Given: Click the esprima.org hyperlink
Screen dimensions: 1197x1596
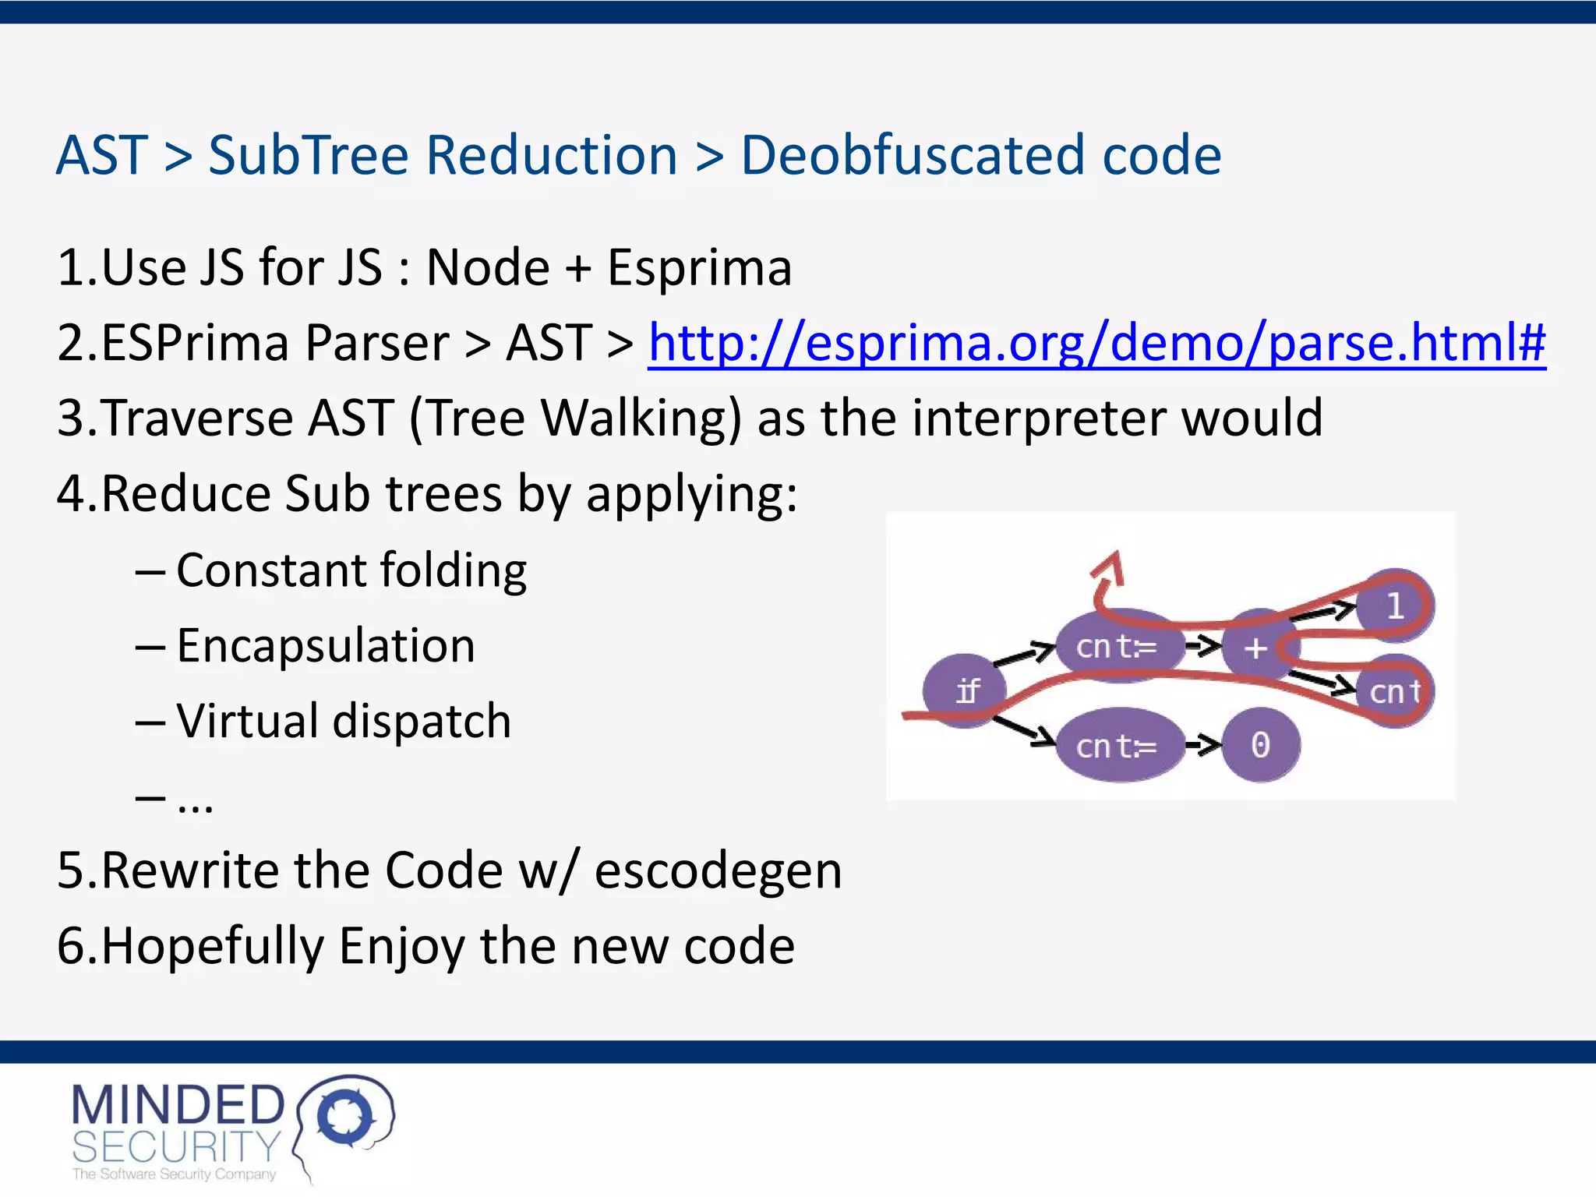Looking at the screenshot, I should pyautogui.click(x=1096, y=343).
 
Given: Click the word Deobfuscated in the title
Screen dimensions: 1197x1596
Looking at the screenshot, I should pyautogui.click(x=913, y=155).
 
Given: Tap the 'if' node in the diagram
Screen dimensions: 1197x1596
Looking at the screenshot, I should pyautogui.click(x=965, y=690).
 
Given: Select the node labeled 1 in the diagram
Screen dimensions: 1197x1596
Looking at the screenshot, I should pyautogui.click(x=1394, y=606).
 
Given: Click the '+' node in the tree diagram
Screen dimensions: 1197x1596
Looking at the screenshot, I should pyautogui.click(x=1255, y=647).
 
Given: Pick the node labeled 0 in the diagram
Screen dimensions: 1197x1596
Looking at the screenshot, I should pyautogui.click(x=1260, y=745).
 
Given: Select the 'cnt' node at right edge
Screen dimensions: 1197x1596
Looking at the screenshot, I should pyautogui.click(x=1394, y=691).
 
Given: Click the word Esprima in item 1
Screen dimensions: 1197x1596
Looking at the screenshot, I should pyautogui.click(x=699, y=268).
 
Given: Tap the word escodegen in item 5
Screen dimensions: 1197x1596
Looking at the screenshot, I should pyautogui.click(x=718, y=870).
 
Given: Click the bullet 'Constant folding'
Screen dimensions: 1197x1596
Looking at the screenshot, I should pyautogui.click(x=351, y=570).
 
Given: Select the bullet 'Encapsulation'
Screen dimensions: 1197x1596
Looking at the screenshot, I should pyautogui.click(x=325, y=646).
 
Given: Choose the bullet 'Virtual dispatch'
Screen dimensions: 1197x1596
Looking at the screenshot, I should pyautogui.click(x=343, y=721).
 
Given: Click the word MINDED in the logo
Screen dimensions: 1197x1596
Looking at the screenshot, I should pyautogui.click(x=178, y=1105).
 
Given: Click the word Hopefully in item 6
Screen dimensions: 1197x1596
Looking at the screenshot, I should pyautogui.click(x=212, y=946).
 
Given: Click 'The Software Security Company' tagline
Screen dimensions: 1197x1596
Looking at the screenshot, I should pyautogui.click(x=174, y=1174).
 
